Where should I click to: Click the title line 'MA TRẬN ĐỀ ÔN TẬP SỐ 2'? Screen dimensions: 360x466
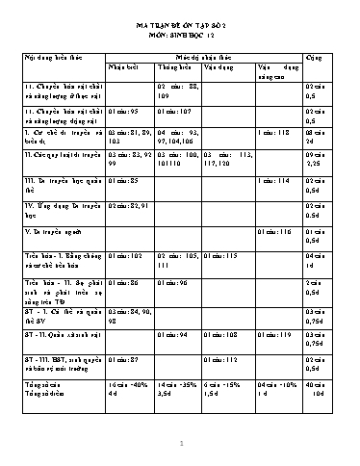(x=179, y=31)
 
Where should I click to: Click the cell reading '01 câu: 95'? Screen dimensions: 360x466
(x=126, y=111)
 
